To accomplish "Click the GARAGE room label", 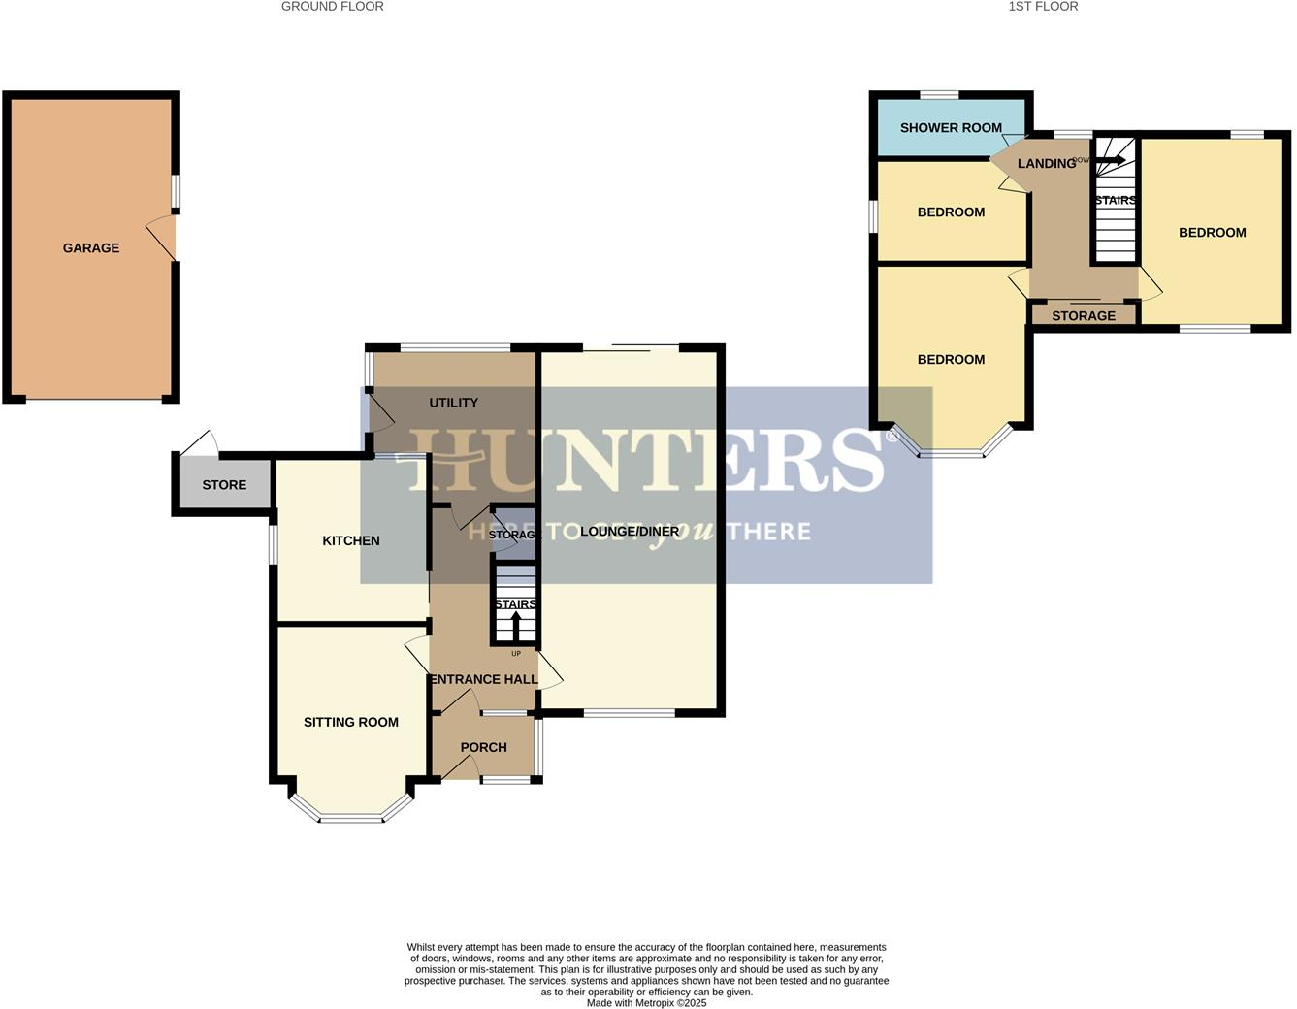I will (91, 248).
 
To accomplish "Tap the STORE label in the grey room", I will (224, 485).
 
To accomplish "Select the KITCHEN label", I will (351, 541).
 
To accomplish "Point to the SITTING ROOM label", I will (351, 722).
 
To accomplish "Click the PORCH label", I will (483, 747).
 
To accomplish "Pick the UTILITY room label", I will (453, 403).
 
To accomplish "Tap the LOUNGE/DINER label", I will (630, 532).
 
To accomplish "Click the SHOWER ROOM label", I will (951, 128).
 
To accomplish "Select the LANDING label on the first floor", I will (1046, 163).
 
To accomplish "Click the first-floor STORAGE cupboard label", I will (1084, 316).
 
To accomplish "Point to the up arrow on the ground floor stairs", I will (515, 626).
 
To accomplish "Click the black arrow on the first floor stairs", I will (1111, 160).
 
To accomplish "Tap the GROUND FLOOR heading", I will (333, 7).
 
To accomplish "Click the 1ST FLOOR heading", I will (1043, 7).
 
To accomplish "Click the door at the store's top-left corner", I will (199, 443).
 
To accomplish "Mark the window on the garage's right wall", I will (176, 191).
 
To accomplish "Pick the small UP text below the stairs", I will (515, 654).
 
